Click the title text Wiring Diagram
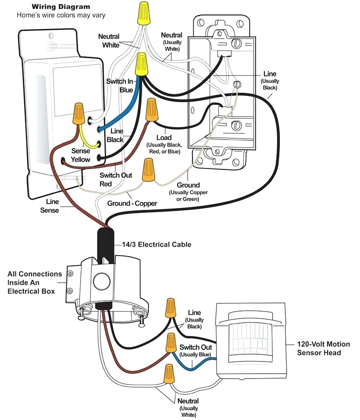pyautogui.click(x=60, y=7)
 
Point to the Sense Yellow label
pyautogui.click(x=81, y=155)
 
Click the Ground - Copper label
pyautogui.click(x=132, y=203)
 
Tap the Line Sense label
pyautogui.click(x=49, y=206)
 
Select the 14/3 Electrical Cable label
pyautogui.click(x=156, y=244)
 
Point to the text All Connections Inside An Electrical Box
pyautogui.click(x=34, y=282)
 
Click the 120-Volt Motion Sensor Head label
pyautogui.click(x=323, y=348)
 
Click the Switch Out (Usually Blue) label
pyautogui.click(x=195, y=351)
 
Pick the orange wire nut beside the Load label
pyautogui.click(x=152, y=110)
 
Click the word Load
pyautogui.click(x=163, y=137)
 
